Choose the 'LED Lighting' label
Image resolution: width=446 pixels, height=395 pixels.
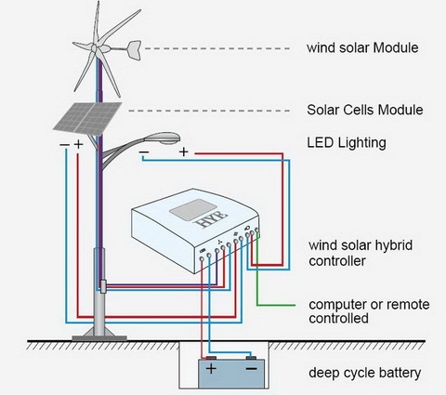346,143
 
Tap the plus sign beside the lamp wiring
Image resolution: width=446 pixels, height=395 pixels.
184,151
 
